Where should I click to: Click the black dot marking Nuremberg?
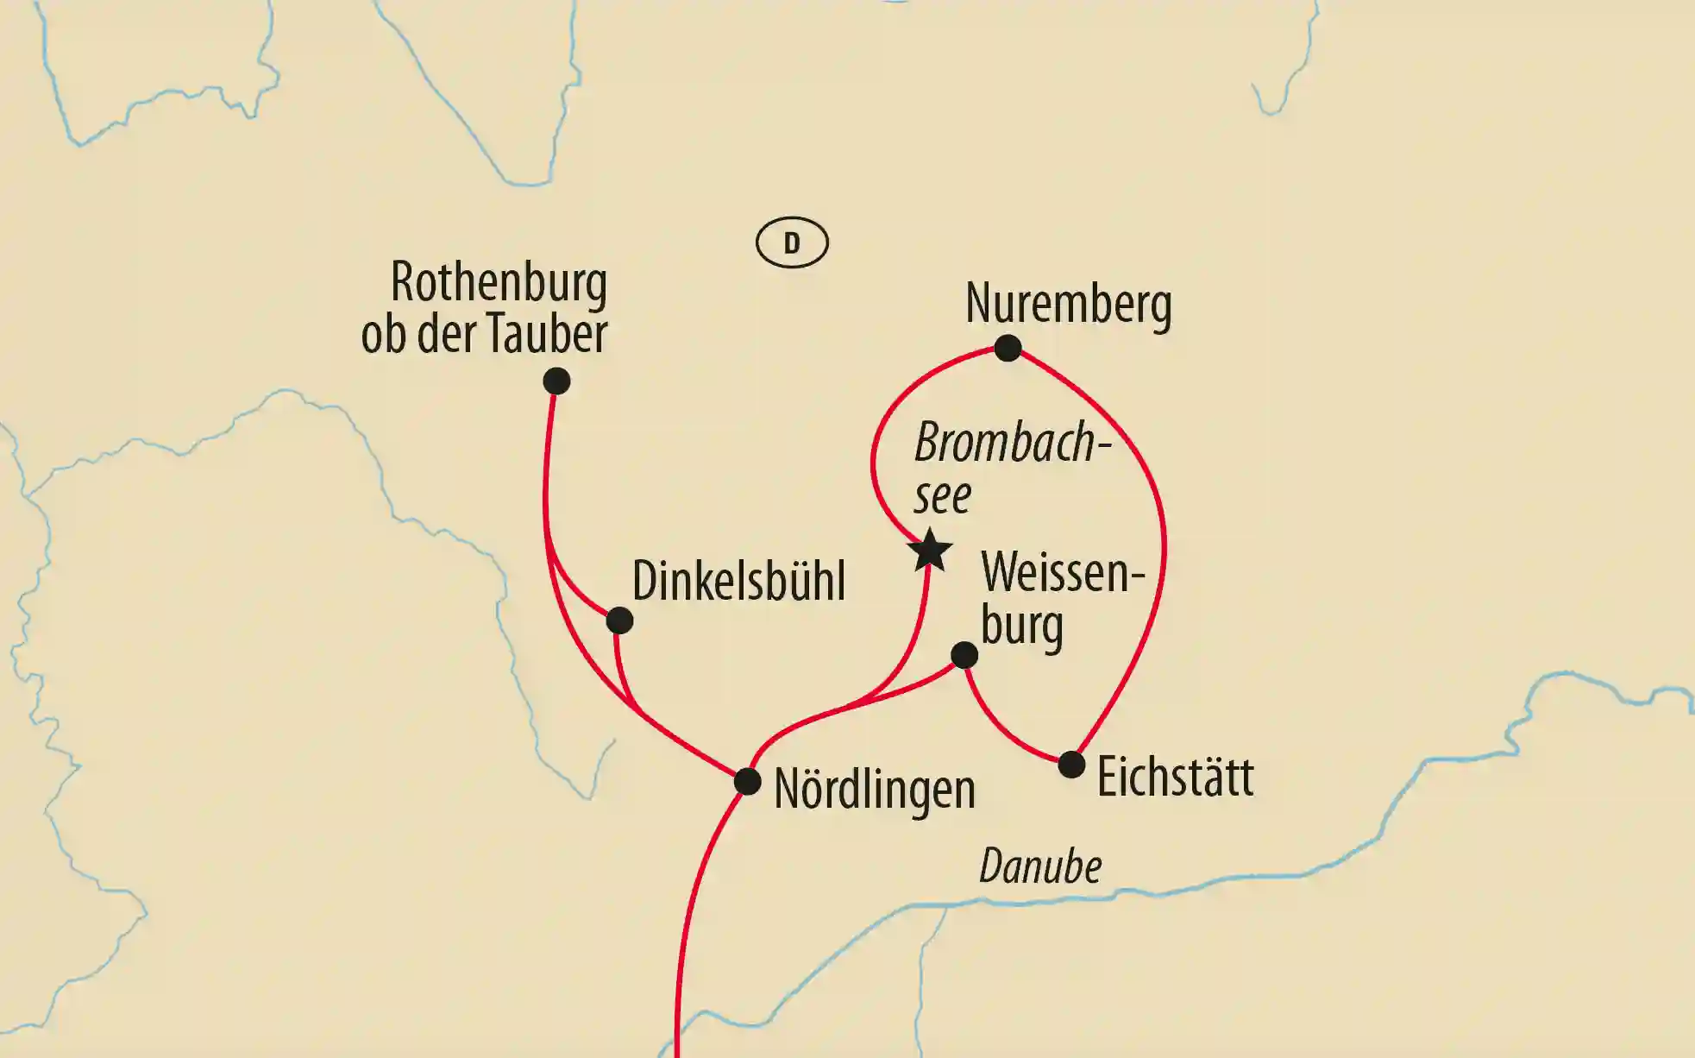pos(1008,348)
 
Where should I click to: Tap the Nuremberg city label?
pos(1068,304)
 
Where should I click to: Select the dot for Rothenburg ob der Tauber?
pos(556,381)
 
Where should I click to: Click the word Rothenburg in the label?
pos(499,282)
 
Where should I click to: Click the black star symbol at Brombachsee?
pos(932,551)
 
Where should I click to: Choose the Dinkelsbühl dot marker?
pos(619,620)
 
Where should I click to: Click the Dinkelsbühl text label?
pos(738,581)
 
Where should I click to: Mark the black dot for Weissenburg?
pos(964,655)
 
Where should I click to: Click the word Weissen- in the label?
pos(1062,572)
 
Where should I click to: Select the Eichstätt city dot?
pos(1070,764)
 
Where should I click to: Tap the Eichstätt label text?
pos(1175,777)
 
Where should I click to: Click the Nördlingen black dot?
pos(747,782)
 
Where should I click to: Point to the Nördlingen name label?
pos(874,789)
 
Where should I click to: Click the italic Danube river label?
pos(1040,866)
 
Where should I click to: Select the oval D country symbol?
pos(792,242)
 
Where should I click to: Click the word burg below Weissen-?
pos(1021,626)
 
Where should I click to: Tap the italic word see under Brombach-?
pos(942,495)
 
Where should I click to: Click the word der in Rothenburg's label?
pos(448,334)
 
